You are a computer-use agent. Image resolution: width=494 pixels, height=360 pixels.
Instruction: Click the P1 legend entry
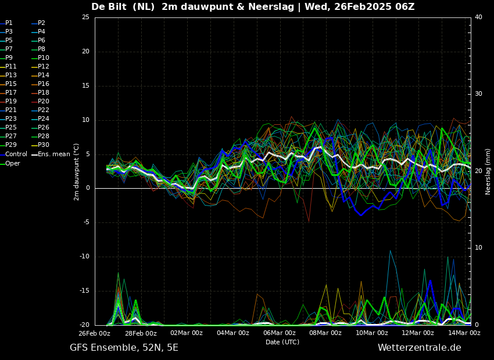click(x=6, y=23)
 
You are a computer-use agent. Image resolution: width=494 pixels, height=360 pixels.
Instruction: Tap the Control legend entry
click(x=13, y=154)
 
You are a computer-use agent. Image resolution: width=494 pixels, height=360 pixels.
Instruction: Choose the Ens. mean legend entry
click(x=51, y=154)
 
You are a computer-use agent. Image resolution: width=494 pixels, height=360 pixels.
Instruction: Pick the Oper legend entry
click(x=10, y=163)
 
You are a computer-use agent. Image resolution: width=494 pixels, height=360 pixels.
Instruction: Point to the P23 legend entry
click(x=9, y=118)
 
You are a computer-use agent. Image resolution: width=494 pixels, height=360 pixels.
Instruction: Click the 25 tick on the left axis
click(x=85, y=17)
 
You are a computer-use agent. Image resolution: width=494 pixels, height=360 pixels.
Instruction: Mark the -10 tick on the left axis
click(x=84, y=257)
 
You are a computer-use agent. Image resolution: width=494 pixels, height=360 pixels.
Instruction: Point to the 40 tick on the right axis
click(x=478, y=17)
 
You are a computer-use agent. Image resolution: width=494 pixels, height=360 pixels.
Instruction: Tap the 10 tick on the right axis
click(x=478, y=248)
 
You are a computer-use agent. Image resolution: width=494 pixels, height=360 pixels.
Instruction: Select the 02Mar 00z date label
click(x=187, y=333)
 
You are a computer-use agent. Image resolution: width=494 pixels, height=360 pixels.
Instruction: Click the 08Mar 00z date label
click(x=325, y=333)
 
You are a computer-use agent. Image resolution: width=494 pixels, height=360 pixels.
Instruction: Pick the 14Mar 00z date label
click(x=464, y=333)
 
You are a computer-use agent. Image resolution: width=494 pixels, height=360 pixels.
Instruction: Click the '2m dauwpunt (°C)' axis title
click(x=76, y=172)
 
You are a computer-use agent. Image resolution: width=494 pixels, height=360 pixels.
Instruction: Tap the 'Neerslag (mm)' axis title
click(x=488, y=172)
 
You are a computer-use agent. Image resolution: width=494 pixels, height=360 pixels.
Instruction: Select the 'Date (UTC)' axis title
click(x=282, y=342)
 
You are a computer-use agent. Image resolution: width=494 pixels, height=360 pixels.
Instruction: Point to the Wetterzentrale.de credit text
click(x=420, y=348)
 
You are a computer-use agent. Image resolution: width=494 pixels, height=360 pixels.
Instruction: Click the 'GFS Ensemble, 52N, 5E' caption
click(x=124, y=348)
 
